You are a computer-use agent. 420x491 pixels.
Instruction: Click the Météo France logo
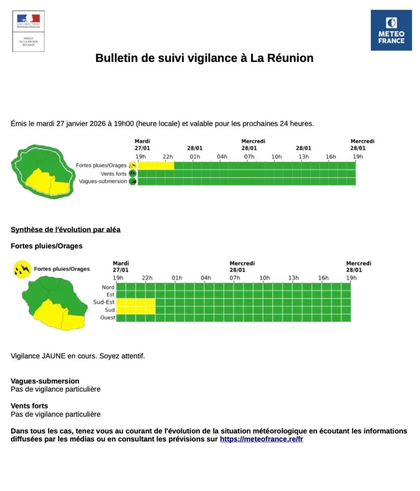(x=391, y=30)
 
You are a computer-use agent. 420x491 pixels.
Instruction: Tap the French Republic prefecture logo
(x=28, y=30)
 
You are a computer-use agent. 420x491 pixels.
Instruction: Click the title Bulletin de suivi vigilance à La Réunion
(x=204, y=58)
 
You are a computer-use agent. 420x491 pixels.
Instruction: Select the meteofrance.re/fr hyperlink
(x=261, y=439)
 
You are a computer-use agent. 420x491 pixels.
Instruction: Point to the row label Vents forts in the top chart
(x=113, y=174)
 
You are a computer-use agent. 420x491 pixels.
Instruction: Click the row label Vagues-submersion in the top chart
(x=103, y=181)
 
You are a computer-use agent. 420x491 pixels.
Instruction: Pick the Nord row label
(x=108, y=287)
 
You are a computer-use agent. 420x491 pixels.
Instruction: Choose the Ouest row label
(x=107, y=318)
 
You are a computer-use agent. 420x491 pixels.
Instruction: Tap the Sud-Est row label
(x=104, y=302)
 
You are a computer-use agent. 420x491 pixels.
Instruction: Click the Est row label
(x=110, y=295)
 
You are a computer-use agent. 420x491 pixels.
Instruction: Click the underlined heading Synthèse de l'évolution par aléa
(x=65, y=229)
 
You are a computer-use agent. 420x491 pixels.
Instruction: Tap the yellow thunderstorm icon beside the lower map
(x=22, y=269)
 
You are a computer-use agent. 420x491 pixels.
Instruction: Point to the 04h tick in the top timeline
(x=222, y=157)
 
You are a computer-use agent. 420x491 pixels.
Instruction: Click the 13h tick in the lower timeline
(x=293, y=278)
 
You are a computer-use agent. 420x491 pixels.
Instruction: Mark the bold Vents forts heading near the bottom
(x=29, y=406)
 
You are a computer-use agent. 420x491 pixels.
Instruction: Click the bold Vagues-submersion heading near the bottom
(x=45, y=381)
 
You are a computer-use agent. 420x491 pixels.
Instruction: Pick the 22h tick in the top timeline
(x=168, y=157)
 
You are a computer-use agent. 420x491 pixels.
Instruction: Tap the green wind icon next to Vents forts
(x=132, y=174)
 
